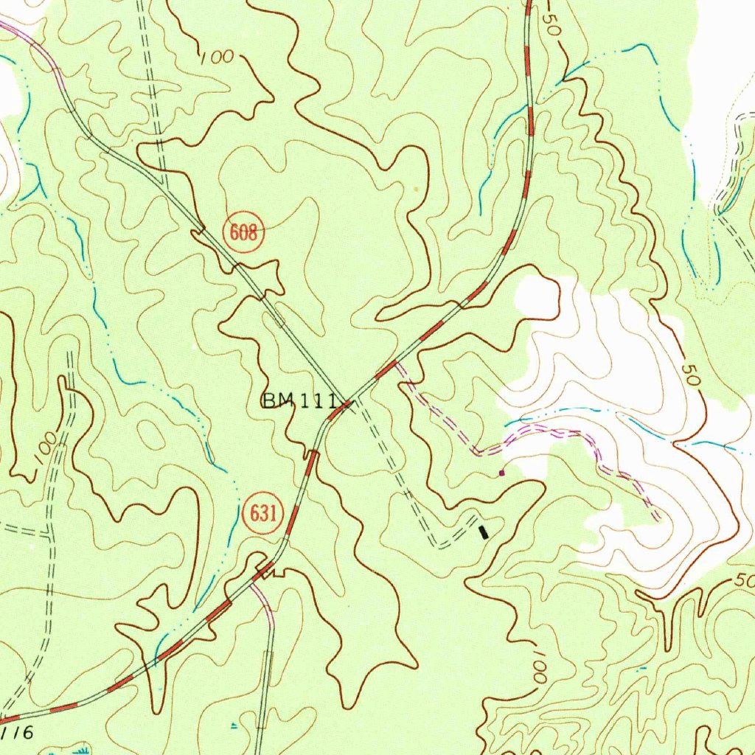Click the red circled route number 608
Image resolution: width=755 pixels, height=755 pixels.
(243, 234)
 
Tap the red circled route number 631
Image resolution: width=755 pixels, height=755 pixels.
(262, 514)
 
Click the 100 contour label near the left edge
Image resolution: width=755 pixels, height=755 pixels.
(45, 448)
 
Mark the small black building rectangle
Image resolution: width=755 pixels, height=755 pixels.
(484, 532)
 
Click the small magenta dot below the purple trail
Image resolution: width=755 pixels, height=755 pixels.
(502, 473)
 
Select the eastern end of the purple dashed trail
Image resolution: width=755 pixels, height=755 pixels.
(656, 518)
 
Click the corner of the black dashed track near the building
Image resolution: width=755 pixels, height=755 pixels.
(438, 545)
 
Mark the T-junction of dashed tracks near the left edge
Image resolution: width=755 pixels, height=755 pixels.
(49, 532)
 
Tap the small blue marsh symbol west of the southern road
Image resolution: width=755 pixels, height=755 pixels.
(234, 726)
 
